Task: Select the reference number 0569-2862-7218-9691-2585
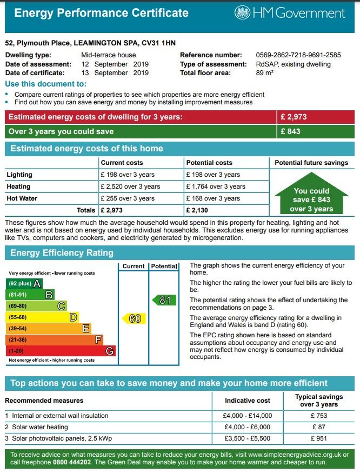pos(298,55)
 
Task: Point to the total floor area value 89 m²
pos(264,73)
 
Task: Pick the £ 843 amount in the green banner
pos(290,131)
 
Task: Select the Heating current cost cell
pos(130,186)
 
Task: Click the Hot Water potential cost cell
pos(213,198)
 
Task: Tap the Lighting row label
pos(19,175)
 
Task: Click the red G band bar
pos(60,351)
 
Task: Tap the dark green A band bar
pos(24,283)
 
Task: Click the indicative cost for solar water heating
pos(247,427)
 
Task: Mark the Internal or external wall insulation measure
pos(59,416)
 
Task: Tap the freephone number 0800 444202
pos(73,463)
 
